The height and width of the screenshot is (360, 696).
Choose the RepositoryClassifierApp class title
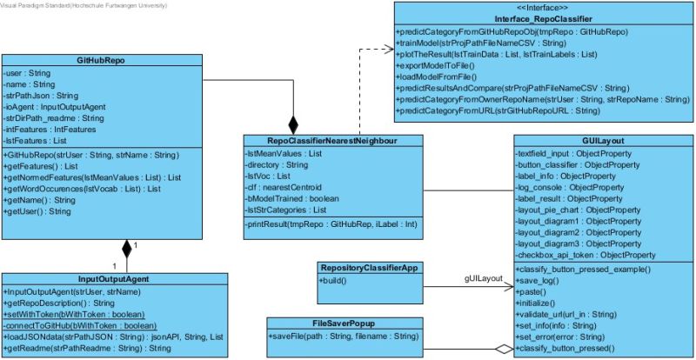[x=371, y=269]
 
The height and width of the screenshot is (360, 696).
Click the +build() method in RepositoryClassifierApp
[x=331, y=283]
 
